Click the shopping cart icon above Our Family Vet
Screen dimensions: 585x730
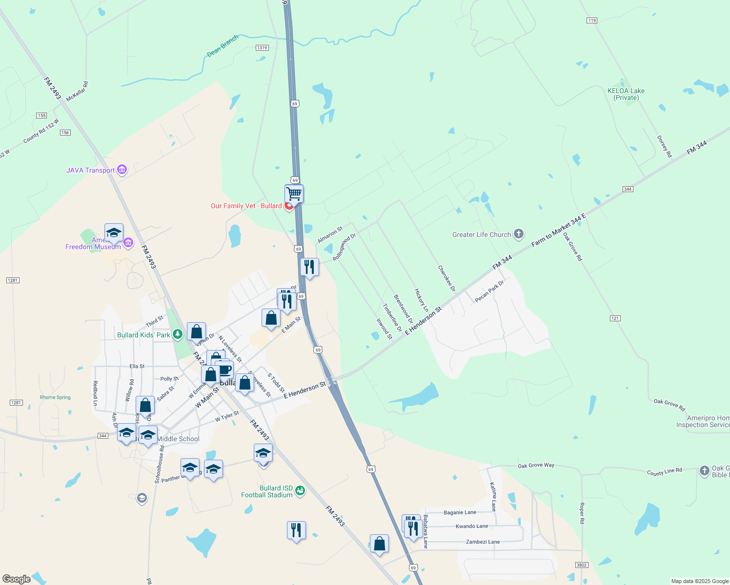(294, 194)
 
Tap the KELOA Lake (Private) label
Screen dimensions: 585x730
(626, 94)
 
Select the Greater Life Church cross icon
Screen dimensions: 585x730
(519, 234)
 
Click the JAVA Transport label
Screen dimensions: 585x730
(91, 170)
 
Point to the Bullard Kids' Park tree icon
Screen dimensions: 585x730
(178, 334)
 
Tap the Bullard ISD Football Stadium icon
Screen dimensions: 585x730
(301, 490)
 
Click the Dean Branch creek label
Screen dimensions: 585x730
(223, 45)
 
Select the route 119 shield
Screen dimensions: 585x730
(591, 20)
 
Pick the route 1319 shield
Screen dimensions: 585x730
(262, 48)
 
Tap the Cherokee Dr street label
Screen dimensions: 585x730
(446, 278)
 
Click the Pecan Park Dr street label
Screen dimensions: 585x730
(489, 292)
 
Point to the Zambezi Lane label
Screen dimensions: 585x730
(483, 542)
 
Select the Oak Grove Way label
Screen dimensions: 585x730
(536, 466)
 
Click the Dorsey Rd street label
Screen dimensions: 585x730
(664, 146)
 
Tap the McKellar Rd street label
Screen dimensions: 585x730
(77, 91)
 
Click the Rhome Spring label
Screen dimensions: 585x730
(55, 397)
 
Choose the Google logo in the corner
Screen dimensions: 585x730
(16, 579)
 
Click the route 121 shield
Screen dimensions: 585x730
(615, 318)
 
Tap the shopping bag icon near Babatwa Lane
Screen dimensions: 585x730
(379, 543)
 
